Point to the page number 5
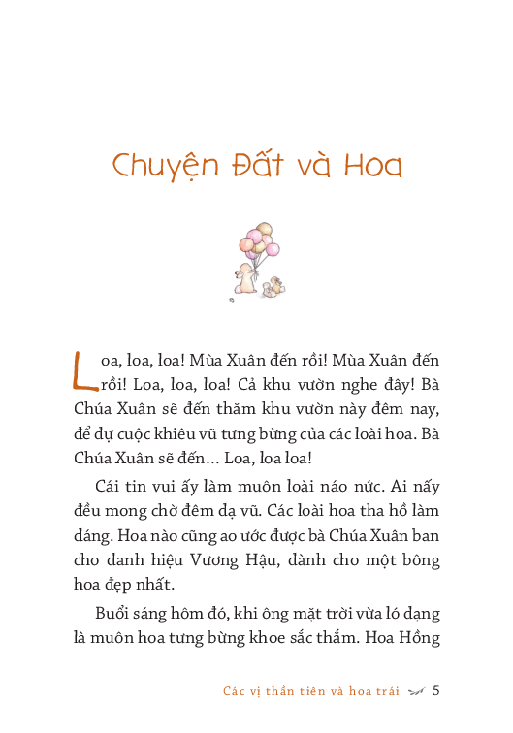coord(436,691)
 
